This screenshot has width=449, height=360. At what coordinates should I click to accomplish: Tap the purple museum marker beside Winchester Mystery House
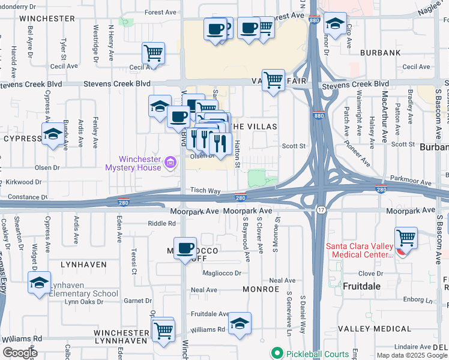[170, 162]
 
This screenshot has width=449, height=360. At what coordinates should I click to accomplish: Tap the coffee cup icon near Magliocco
[185, 247]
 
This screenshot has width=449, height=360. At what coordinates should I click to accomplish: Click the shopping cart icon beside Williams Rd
[163, 329]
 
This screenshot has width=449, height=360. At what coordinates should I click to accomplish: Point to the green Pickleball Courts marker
[277, 352]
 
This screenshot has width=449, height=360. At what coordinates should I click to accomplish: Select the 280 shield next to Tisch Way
[240, 197]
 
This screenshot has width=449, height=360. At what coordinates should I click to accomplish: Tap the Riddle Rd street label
[163, 223]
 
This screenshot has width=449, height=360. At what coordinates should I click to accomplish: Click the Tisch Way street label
[206, 190]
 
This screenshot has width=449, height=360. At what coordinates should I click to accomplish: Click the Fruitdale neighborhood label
[361, 286]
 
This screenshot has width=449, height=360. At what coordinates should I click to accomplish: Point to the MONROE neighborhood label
[261, 289]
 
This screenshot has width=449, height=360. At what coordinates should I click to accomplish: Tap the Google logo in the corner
[20, 353]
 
